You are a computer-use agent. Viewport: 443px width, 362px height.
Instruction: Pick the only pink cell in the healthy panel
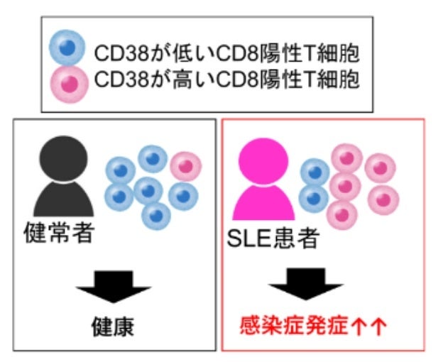pos(186,166)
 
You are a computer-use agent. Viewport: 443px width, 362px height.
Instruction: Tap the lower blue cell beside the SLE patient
pos(315,198)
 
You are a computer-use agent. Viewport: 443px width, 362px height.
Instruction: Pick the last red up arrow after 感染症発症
pos(379,326)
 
